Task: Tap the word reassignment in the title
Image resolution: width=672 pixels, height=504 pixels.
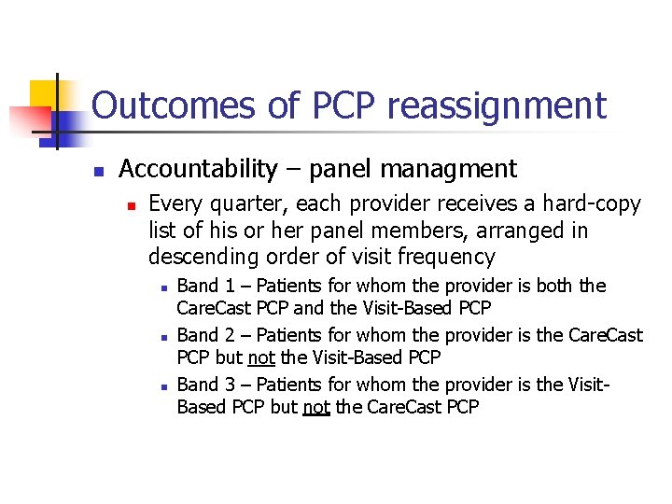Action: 497,106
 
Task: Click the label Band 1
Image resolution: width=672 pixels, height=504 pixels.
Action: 198,286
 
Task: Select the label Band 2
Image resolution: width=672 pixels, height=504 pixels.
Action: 198,335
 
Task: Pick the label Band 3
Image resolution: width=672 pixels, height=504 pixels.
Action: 198,384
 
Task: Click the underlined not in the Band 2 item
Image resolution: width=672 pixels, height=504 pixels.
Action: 259,357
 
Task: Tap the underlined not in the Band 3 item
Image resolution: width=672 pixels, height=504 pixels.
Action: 316,407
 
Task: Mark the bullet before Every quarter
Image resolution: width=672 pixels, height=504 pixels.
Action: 132,205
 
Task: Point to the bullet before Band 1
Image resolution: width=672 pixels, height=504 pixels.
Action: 162,287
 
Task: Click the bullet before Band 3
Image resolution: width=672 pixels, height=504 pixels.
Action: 162,385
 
